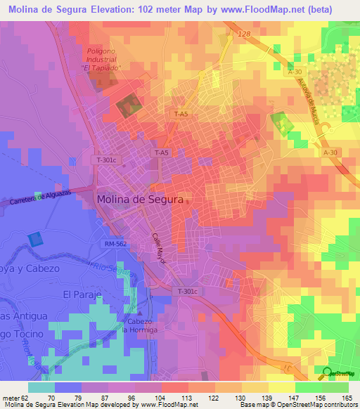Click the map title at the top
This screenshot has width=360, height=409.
(x=179, y=8)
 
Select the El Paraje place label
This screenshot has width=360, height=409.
(x=83, y=294)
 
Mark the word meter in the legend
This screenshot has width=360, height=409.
(x=11, y=397)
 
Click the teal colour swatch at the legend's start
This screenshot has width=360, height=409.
(x=41, y=387)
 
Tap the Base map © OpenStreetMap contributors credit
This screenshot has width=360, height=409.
(x=299, y=405)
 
